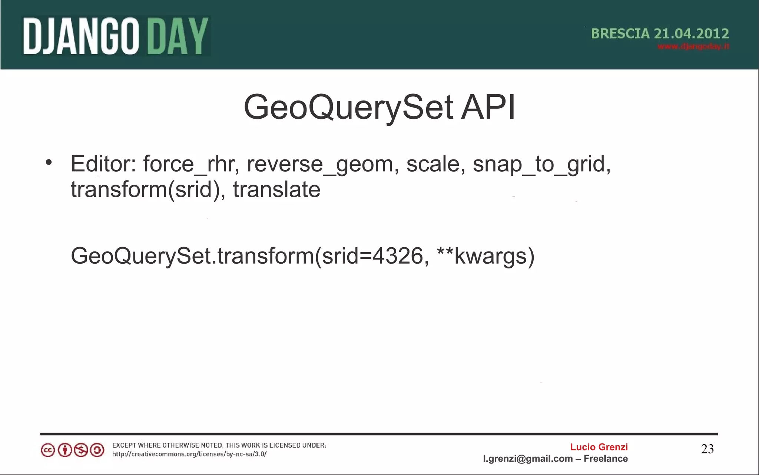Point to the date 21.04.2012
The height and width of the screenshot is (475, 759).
pyautogui.click(x=691, y=34)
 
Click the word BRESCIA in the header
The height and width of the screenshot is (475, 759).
pyautogui.click(x=620, y=34)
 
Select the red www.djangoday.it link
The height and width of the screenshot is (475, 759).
pyautogui.click(x=693, y=47)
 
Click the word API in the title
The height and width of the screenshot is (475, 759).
pyautogui.click(x=488, y=107)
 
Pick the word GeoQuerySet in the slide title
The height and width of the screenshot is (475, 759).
pyautogui.click(x=348, y=108)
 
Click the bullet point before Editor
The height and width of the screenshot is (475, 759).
pyautogui.click(x=49, y=162)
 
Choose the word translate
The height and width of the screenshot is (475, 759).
pyautogui.click(x=276, y=189)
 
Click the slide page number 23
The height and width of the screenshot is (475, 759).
pyautogui.click(x=707, y=449)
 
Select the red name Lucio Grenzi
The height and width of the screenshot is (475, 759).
pyautogui.click(x=599, y=447)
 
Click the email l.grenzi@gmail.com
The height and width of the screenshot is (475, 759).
pyautogui.click(x=528, y=459)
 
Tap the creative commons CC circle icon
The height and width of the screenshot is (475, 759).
pyautogui.click(x=48, y=450)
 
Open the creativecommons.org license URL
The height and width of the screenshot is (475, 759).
pyautogui.click(x=189, y=454)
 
